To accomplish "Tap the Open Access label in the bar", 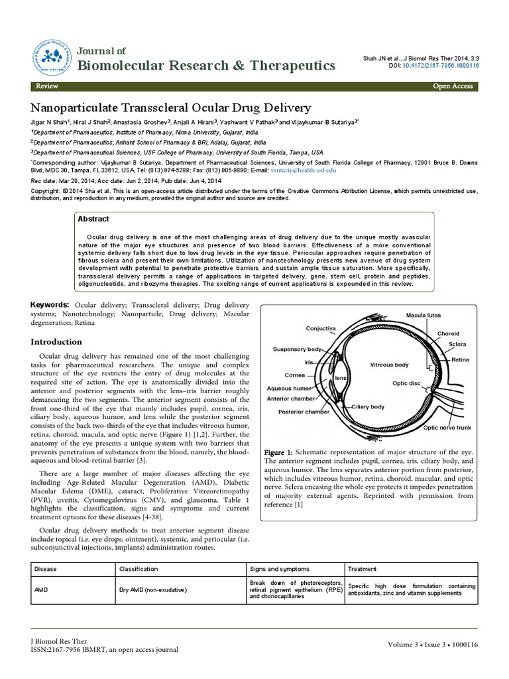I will click(x=453, y=86).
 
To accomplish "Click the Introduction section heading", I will click(x=57, y=342).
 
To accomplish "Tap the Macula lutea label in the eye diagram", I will click(x=424, y=314).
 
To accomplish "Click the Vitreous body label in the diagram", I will click(x=389, y=365).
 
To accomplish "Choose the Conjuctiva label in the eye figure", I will click(x=321, y=328).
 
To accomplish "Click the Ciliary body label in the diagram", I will click(x=368, y=406).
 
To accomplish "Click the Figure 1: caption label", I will click(x=282, y=452).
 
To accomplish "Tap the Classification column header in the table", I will click(x=139, y=569).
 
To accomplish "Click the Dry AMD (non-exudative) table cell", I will click(x=154, y=589).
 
